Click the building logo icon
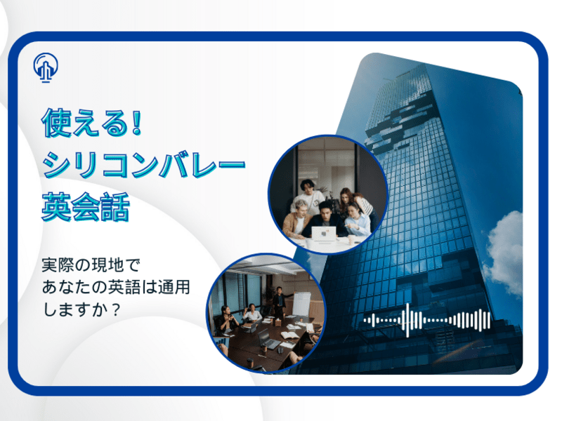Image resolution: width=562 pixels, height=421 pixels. tap(46, 67)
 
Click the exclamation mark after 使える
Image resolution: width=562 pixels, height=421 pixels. tap(136, 122)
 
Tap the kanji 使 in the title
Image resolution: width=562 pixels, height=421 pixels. tap(56, 123)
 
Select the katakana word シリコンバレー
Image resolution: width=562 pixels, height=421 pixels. tap(144, 165)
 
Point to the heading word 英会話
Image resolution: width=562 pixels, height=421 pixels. tap(85, 207)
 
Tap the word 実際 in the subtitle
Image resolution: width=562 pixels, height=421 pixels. tap(64, 265)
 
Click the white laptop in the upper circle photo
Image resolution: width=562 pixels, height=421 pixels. tap(323, 234)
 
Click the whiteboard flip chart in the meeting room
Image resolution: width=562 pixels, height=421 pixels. tap(301, 304)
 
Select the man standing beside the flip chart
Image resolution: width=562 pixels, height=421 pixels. tap(279, 302)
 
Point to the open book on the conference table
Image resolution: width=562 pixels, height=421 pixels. tap(289, 335)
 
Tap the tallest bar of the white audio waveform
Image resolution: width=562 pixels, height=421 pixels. tap(407, 320)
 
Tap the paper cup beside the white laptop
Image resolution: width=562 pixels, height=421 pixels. tap(351, 239)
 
